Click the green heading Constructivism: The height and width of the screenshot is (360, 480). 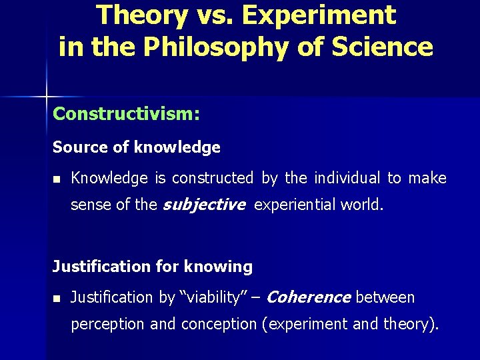pos(126,114)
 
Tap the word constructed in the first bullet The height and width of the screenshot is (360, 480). pos(213,178)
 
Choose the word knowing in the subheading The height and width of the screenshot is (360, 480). pos(219,267)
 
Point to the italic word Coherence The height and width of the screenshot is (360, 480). pos(309,297)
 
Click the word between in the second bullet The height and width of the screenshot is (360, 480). pos(385,297)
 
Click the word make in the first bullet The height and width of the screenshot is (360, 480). pos(427,178)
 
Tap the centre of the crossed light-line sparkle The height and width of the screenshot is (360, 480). pos(47,97)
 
